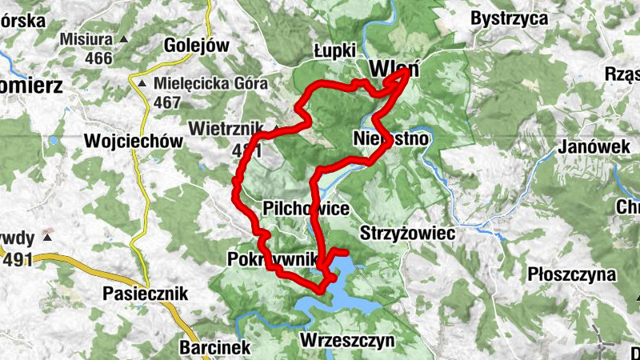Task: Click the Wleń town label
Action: [x=390, y=70]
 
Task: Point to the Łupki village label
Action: [x=335, y=50]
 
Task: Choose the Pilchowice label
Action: [x=306, y=209]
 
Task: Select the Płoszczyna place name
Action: [x=571, y=274]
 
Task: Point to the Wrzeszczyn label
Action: [x=347, y=341]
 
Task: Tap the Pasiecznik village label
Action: [x=145, y=294]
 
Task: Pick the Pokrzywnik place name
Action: [x=273, y=260]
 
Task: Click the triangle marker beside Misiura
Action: [x=122, y=38]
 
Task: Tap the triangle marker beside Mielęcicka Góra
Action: [x=142, y=83]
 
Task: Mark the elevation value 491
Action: [x=18, y=259]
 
